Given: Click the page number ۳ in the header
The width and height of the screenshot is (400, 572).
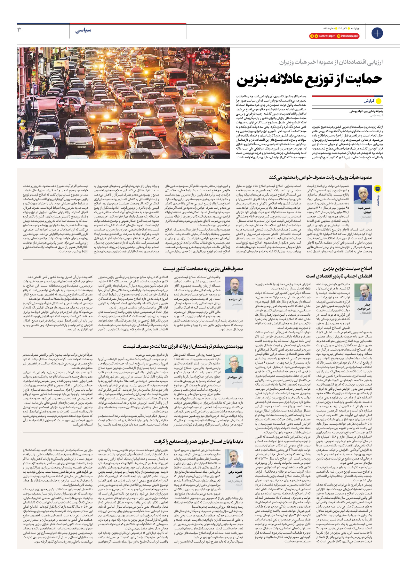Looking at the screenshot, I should [x=19, y=30].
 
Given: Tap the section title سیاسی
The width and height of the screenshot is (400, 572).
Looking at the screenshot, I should [x=84, y=30].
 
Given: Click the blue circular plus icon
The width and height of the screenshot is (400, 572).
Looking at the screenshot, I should [x=377, y=33].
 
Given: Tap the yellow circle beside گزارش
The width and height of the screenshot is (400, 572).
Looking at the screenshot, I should [x=379, y=101].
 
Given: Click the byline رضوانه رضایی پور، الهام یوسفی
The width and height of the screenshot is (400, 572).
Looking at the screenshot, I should [x=366, y=112].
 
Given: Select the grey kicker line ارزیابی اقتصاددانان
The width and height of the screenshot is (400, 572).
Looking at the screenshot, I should [x=331, y=62].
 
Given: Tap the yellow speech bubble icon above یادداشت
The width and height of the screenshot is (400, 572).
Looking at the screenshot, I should [x=378, y=189].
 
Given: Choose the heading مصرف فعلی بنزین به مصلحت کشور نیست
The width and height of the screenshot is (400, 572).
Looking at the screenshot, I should [x=203, y=269].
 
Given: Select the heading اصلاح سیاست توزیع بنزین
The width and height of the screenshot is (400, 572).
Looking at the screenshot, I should [x=347, y=269].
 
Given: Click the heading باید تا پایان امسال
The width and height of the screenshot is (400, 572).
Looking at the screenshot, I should [x=198, y=441].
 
